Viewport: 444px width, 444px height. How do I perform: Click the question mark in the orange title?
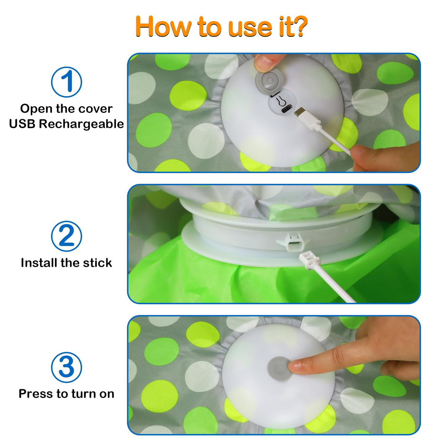pyautogui.click(x=298, y=26)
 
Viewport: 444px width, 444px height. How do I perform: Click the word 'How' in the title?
pyautogui.click(x=163, y=26)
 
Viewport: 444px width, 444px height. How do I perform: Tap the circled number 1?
pyautogui.click(x=66, y=82)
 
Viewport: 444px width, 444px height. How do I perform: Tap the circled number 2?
pyautogui.click(x=66, y=236)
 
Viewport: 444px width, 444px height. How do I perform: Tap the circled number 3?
pyautogui.click(x=66, y=367)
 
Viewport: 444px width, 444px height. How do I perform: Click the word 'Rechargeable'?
pyautogui.click(x=81, y=124)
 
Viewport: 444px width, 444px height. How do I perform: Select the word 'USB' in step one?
pyautogui.click(x=22, y=124)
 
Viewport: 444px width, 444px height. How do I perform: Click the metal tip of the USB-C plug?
pyautogui.click(x=299, y=112)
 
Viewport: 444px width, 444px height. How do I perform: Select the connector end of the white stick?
pyautogui.click(x=310, y=260)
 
